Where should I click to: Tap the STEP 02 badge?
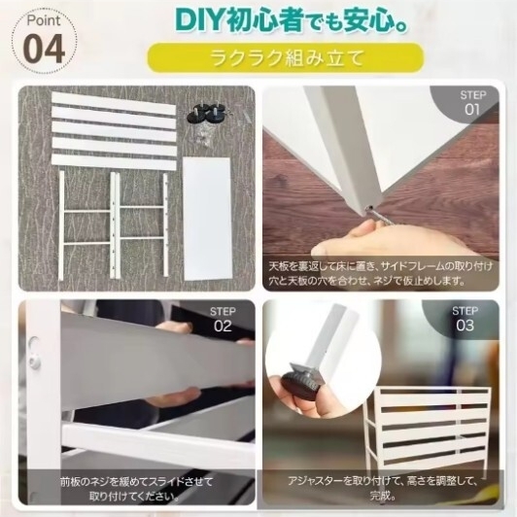223,318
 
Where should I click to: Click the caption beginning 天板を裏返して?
380,272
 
